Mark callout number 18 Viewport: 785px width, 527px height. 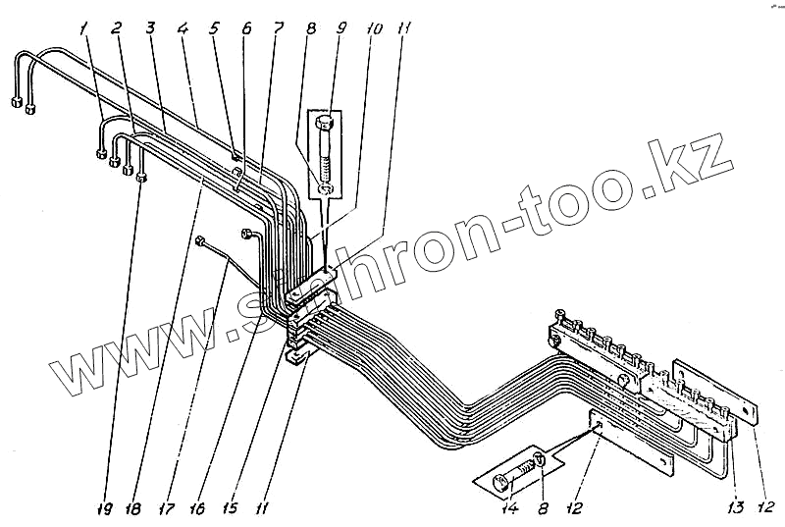click(133, 510)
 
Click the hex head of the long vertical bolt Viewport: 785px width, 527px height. click(327, 124)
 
